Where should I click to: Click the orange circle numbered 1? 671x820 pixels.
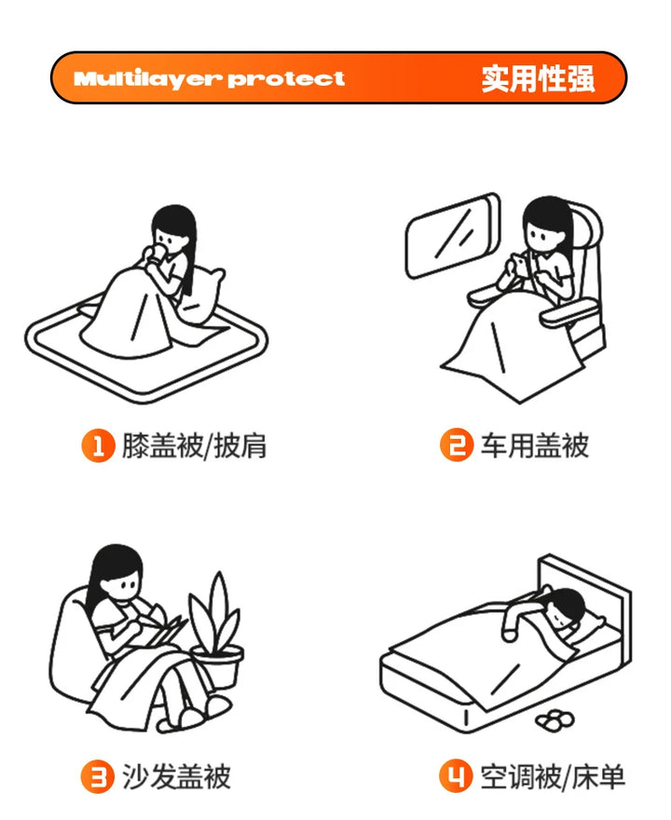point(98,445)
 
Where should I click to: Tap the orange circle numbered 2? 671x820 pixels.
point(456,445)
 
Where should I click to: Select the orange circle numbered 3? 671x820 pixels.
point(97,776)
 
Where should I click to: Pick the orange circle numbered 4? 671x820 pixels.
point(456,776)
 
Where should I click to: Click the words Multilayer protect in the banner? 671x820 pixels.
point(209,79)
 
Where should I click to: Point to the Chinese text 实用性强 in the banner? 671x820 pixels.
point(538,78)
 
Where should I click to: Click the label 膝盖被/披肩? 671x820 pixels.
point(194,446)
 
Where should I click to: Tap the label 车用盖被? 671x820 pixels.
point(535,445)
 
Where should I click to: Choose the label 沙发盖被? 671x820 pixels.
point(176,776)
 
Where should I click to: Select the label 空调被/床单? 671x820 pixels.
point(553,776)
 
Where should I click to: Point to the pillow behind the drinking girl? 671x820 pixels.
point(201,296)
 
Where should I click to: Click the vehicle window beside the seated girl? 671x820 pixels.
point(453,236)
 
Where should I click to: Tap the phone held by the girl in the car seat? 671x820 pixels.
point(520,264)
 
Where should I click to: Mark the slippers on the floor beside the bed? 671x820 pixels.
point(555,720)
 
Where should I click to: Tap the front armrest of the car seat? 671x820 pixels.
point(569,313)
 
